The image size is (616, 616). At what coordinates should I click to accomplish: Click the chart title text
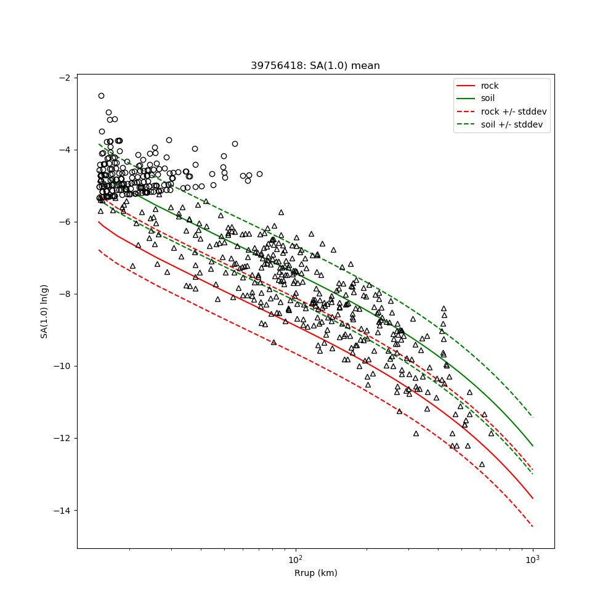coord(315,66)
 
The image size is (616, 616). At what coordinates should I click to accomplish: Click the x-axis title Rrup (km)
coord(315,573)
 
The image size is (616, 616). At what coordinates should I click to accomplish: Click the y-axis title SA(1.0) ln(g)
coord(44,311)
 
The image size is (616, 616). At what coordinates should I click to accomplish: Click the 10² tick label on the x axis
coord(296,559)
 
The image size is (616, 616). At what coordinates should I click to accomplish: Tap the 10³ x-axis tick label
coord(532,559)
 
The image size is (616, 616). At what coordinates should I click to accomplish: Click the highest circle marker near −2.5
coord(101,95)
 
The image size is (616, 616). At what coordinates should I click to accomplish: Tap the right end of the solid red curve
coord(532,498)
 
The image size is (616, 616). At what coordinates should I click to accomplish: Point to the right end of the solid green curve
coord(532,445)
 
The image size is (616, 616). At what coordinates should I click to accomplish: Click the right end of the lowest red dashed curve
coord(532,526)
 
